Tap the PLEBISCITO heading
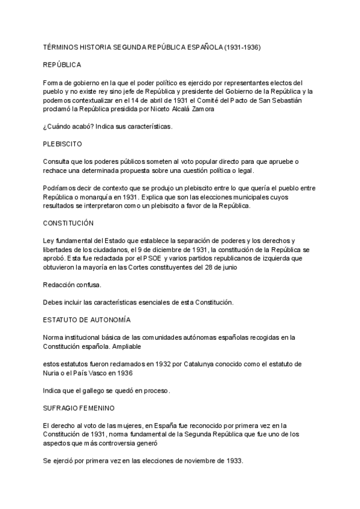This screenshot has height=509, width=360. (62, 145)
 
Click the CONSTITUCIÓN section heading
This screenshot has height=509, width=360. (68, 223)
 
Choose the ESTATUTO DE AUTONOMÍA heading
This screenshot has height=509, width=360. (87, 320)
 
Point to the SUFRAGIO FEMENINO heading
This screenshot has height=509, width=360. (79, 408)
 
